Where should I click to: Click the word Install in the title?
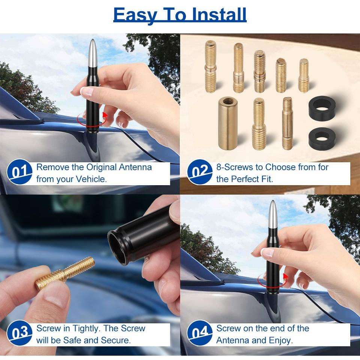pos(219,15)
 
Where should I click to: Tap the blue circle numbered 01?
pos(19,172)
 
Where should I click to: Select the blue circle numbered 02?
pos(199,172)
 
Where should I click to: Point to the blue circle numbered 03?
pos(19,333)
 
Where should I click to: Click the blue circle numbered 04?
pos(199,333)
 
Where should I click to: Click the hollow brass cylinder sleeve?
pos(228,123)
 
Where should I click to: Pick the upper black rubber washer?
pos(322,108)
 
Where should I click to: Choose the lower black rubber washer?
pos(322,138)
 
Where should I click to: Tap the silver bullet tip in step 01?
pos(92,53)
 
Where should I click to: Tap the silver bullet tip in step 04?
pos(273,214)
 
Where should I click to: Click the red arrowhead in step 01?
pos(105,114)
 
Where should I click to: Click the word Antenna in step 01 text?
pos(135,167)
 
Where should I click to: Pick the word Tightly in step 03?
pos(86,328)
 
